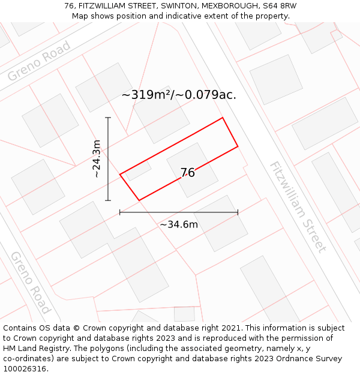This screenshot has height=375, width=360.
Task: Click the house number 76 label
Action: coord(188,173)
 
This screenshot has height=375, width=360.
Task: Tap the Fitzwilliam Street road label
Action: coord(298,207)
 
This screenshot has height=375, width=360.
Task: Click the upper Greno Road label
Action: coord(40,61)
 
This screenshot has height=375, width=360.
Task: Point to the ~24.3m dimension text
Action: coord(96,159)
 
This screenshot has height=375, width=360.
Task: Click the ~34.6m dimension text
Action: coord(179,225)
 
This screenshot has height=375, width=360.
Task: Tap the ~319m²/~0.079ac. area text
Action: coord(179,95)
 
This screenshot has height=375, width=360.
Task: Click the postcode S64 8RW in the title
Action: coord(280,6)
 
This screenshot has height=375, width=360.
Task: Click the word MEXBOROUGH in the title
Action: coord(230,6)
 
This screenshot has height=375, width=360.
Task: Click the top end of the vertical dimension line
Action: coord(108,118)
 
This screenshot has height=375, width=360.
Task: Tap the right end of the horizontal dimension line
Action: coord(238,212)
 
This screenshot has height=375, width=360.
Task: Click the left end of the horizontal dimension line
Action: coord(120,212)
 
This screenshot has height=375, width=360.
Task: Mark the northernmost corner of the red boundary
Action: coord(223,118)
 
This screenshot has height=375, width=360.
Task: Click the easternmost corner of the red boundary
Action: coord(238,146)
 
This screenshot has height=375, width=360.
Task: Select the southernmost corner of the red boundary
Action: coord(139,200)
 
